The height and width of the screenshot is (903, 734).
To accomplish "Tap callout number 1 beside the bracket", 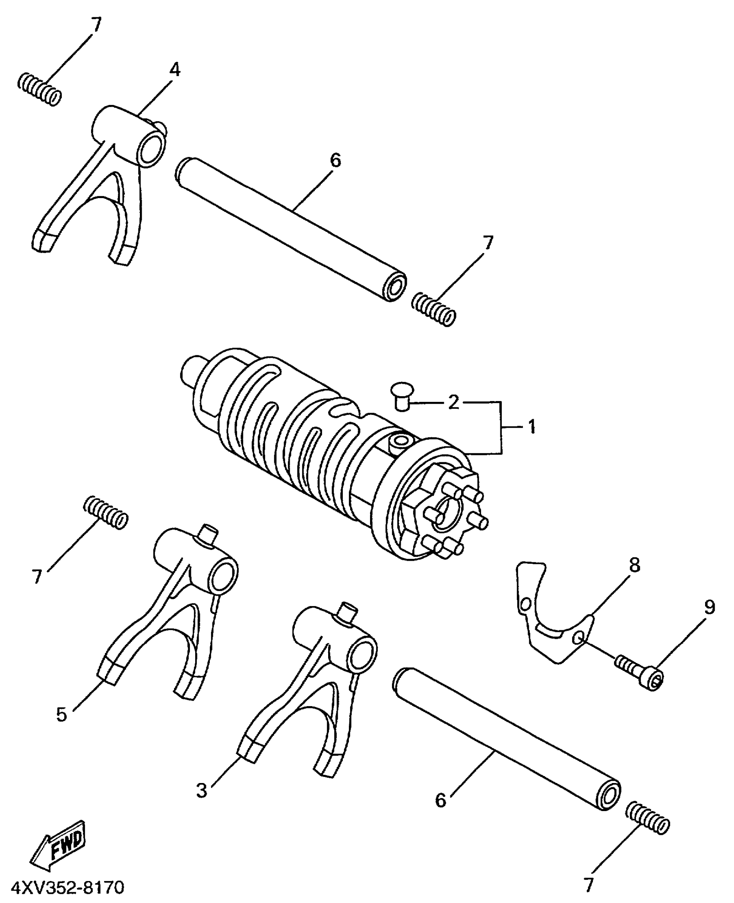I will (532, 427).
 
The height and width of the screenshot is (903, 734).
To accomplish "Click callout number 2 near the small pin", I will (453, 402).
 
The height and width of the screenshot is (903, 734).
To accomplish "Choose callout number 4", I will (174, 69).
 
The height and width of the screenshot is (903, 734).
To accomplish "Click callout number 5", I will (62, 714).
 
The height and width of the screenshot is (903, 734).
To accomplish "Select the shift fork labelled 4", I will (104, 181).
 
